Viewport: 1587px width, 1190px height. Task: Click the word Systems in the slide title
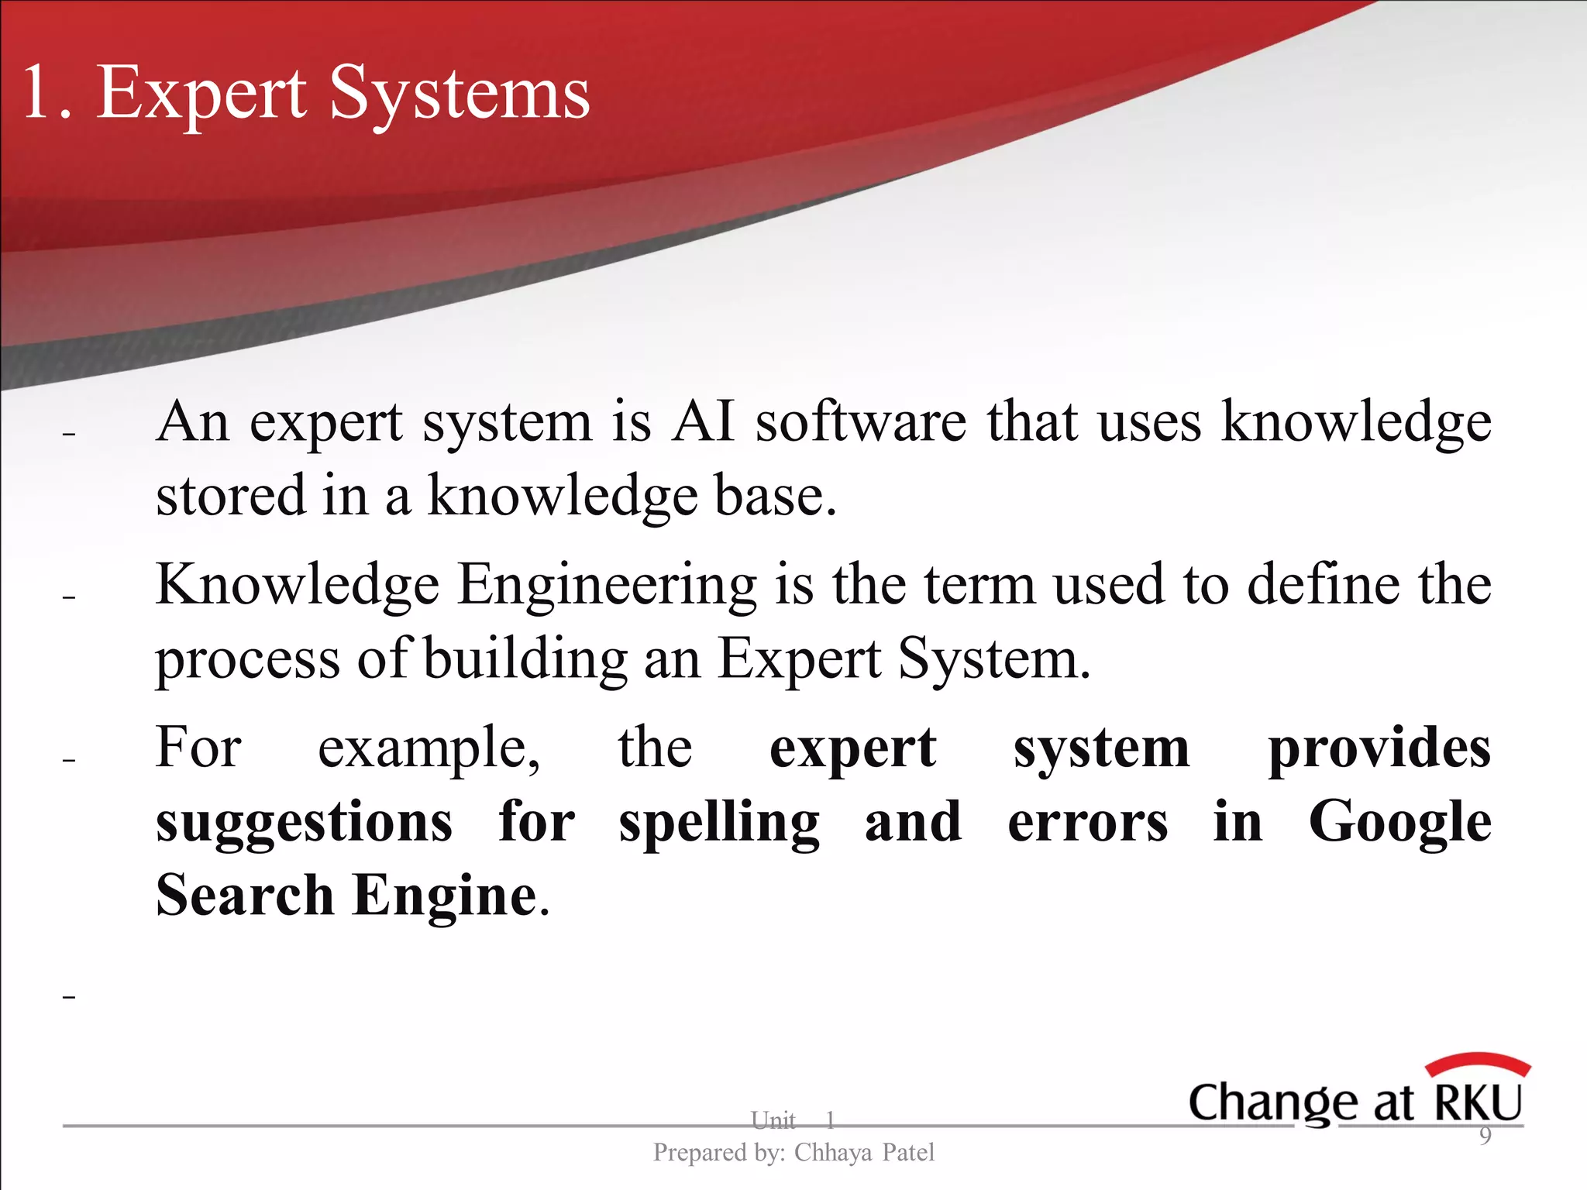[460, 94]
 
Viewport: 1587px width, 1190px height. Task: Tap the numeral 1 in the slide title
[39, 94]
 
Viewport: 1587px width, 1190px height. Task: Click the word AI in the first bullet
[702, 422]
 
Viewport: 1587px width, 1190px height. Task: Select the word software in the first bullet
[861, 422]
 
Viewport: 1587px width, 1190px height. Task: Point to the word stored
[230, 496]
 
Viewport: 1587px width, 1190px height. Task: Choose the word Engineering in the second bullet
[607, 584]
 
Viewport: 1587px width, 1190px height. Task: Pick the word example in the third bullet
[429, 748]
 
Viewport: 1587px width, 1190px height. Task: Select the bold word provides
[1379, 748]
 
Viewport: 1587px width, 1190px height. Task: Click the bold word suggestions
[304, 822]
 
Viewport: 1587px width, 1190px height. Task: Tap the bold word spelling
[719, 824]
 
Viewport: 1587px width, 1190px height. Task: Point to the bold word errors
[1087, 822]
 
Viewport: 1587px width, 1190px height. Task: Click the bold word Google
[1399, 824]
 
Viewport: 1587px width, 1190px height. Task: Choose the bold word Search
[244, 895]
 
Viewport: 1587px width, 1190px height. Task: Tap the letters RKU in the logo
[1479, 1102]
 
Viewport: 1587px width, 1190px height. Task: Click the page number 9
[1485, 1136]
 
